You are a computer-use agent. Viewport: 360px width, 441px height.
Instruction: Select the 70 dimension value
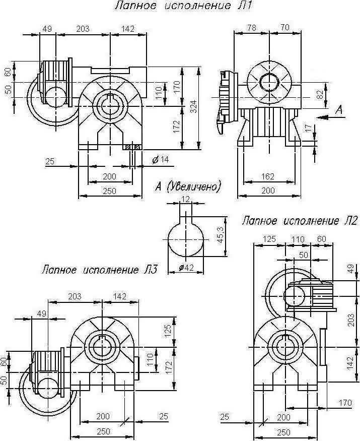(x=284, y=28)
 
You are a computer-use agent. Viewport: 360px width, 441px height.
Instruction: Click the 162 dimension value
(x=268, y=176)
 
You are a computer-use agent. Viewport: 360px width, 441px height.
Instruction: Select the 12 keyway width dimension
(x=186, y=200)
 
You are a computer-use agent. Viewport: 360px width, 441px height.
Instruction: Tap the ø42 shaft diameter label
(x=186, y=268)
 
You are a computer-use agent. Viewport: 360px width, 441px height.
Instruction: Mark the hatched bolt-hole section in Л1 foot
(x=133, y=147)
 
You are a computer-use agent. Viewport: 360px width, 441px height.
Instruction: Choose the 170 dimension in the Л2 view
(x=344, y=403)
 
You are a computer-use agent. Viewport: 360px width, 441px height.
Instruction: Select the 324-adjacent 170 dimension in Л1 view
(x=177, y=86)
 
